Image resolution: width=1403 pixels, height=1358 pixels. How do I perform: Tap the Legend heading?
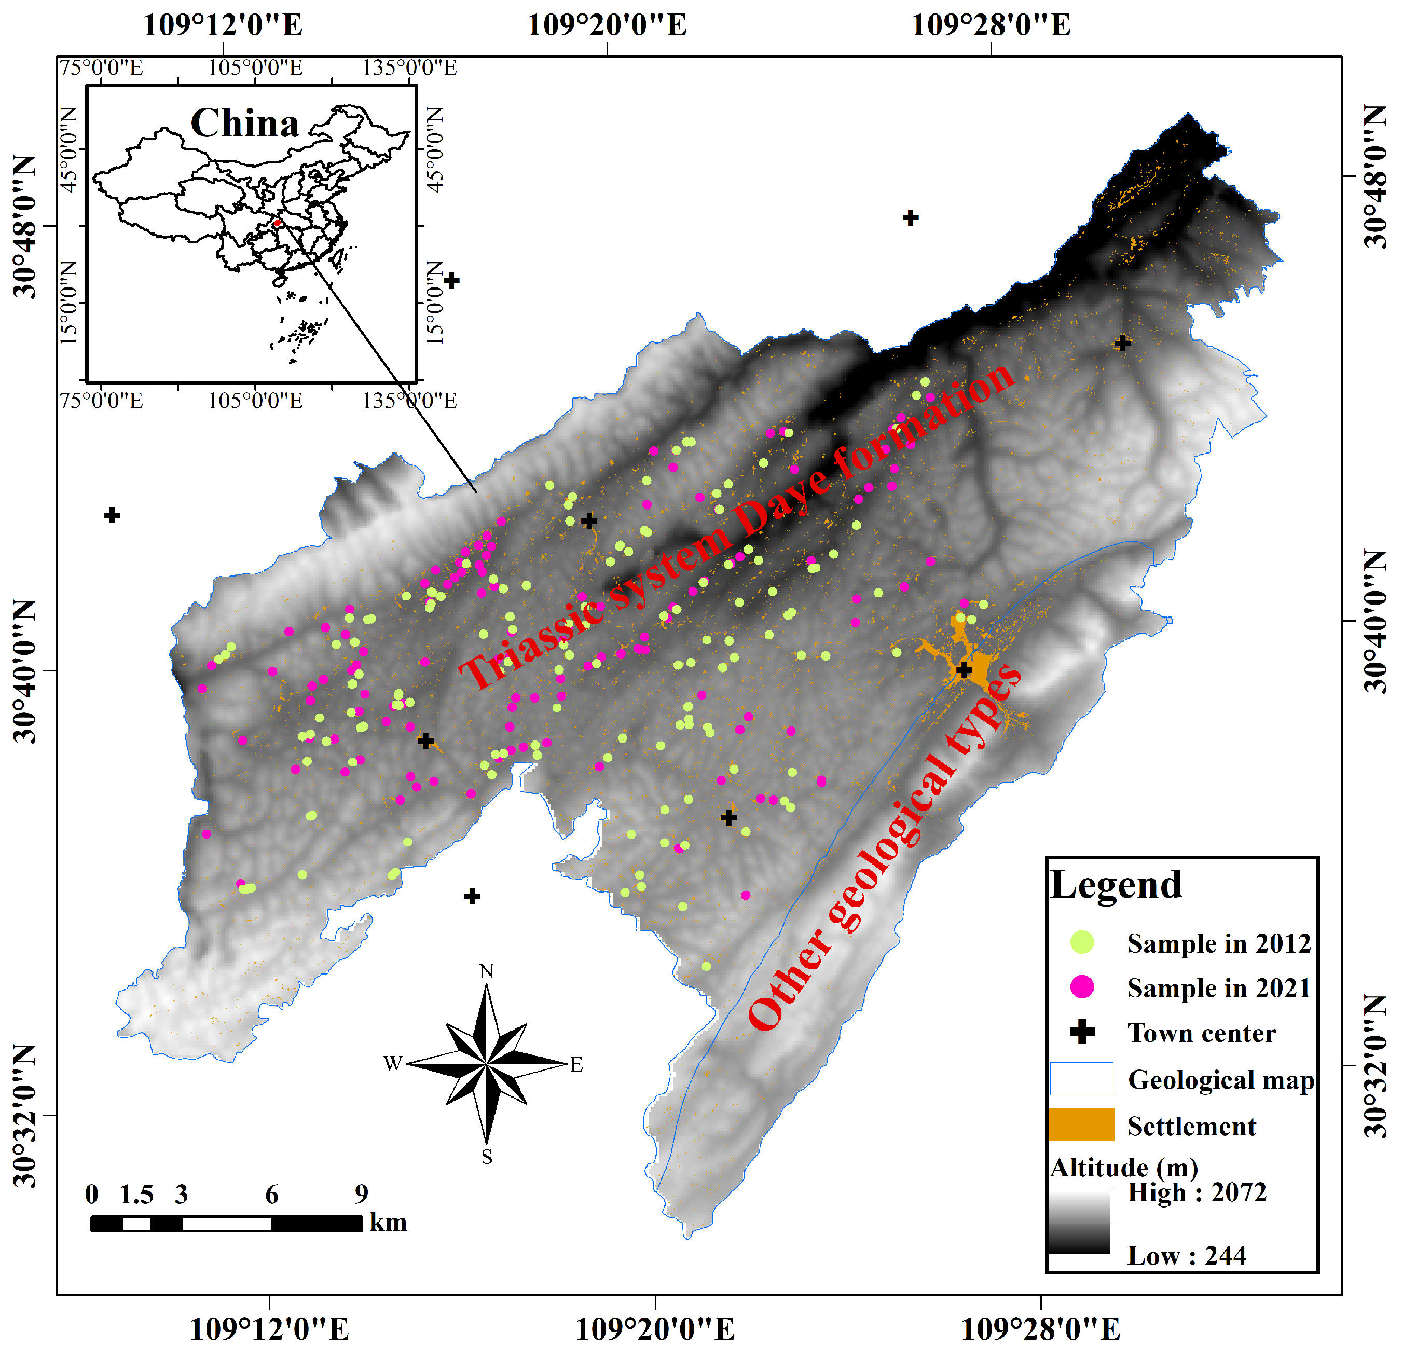1115,885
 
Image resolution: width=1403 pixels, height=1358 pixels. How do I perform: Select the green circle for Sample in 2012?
1082,942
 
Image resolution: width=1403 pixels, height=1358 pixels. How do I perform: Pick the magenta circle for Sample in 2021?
1082,987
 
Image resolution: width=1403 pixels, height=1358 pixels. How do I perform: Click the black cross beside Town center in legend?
1082,1032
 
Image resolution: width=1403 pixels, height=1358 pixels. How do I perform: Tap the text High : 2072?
1197,1192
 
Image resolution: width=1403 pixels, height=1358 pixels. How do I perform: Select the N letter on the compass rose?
486,971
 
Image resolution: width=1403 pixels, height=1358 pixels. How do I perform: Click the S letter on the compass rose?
487,1158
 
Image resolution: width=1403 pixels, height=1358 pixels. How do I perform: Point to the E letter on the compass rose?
576,1064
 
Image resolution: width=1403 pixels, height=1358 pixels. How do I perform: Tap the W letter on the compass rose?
393,1064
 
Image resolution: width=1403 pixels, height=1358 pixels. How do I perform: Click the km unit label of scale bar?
388,1222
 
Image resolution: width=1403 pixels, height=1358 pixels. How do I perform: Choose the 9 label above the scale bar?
362,1194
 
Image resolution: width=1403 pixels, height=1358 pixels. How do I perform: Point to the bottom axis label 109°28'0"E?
1040,1330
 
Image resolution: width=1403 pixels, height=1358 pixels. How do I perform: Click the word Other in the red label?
788,989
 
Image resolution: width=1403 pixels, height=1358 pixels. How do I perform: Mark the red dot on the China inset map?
277,223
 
